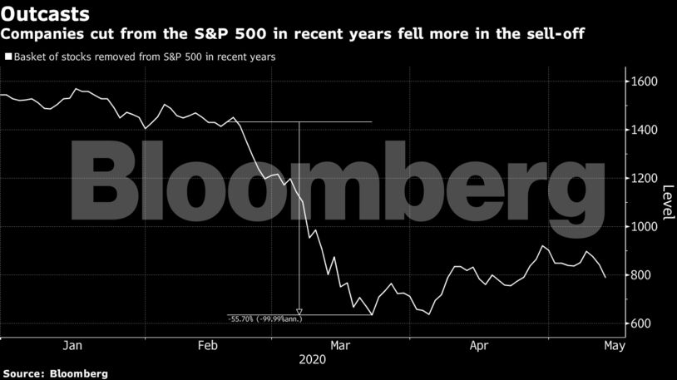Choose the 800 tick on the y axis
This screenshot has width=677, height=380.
coord(646,274)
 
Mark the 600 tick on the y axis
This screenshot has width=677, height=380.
coord(646,323)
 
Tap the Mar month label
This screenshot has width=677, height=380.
coord(339,345)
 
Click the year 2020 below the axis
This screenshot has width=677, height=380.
coord(313,360)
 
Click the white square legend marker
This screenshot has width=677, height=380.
coord(7,57)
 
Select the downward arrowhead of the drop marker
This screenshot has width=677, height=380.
coord(299,312)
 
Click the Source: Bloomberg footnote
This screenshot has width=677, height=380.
coord(54,373)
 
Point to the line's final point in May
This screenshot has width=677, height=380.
coord(605,277)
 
